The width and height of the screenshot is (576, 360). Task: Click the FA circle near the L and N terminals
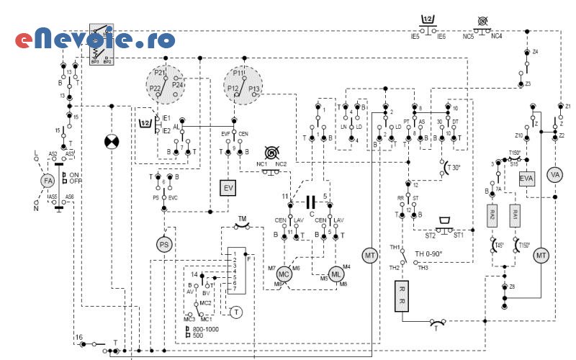[48, 180]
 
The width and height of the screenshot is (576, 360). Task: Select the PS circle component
[165, 245]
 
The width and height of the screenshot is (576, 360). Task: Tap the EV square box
[228, 188]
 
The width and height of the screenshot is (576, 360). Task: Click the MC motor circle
[284, 274]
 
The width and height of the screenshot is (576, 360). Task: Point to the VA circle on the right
[554, 175]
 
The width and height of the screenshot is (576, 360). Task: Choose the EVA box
[526, 178]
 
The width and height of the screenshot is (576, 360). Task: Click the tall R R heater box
[402, 296]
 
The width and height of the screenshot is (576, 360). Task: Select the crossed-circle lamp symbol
[111, 142]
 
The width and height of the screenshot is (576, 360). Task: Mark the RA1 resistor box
[515, 214]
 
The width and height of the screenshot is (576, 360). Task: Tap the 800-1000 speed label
[207, 328]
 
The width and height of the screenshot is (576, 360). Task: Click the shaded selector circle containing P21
[166, 85]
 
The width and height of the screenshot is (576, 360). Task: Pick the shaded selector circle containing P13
[243, 85]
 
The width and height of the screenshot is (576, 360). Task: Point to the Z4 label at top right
[535, 53]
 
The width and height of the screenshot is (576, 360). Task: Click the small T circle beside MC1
[235, 311]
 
